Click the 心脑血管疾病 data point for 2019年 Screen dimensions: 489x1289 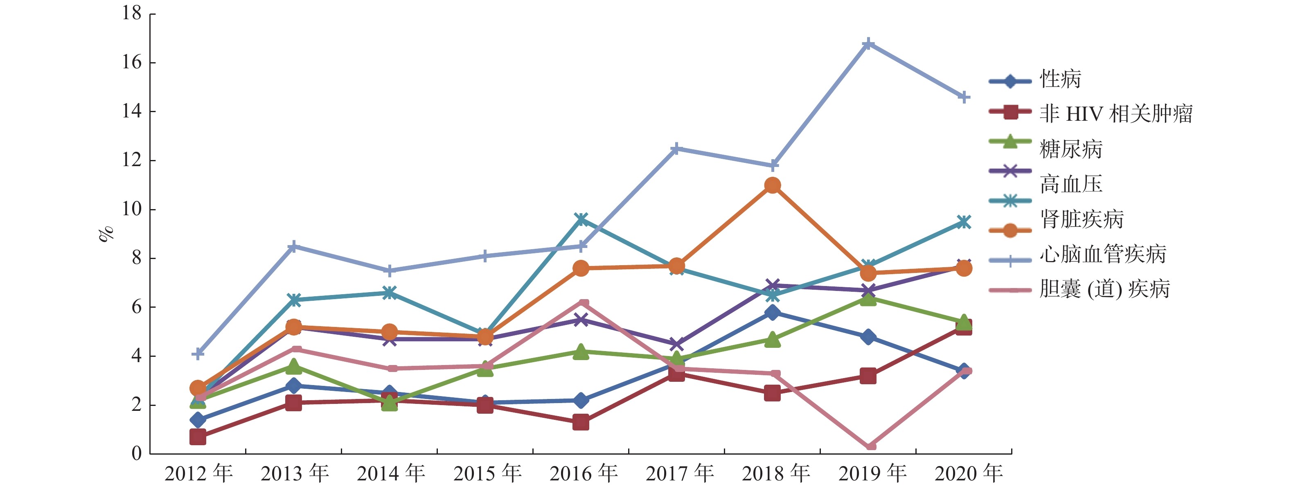pos(869,43)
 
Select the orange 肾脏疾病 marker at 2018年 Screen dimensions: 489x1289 pos(772,186)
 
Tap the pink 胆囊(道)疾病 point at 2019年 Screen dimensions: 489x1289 pos(869,446)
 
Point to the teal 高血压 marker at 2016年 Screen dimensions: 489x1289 pos(580,219)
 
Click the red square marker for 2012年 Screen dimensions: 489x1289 pos(198,437)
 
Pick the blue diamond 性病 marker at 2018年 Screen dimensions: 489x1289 pos(772,313)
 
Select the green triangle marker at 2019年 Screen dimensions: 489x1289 pos(869,299)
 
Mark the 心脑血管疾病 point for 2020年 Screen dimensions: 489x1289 pos(964,97)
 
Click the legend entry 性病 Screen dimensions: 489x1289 pos(1060,79)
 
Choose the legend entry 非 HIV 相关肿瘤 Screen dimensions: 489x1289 pos(1116,114)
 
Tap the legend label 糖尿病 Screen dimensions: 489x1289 pos(1071,149)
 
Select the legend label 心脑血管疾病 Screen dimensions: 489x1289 pos(1103,254)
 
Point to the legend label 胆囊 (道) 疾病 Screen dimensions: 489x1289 pos(1104,289)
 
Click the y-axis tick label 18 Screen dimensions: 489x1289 pos(132,14)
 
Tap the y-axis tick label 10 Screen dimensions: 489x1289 pos(132,209)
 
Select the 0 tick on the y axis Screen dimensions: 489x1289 pos(137,453)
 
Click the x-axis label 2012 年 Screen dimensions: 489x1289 pos(198,473)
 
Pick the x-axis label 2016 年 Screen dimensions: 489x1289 pos(584,473)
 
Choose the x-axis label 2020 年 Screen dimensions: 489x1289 pos(968,473)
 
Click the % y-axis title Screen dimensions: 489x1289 pos(106,234)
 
